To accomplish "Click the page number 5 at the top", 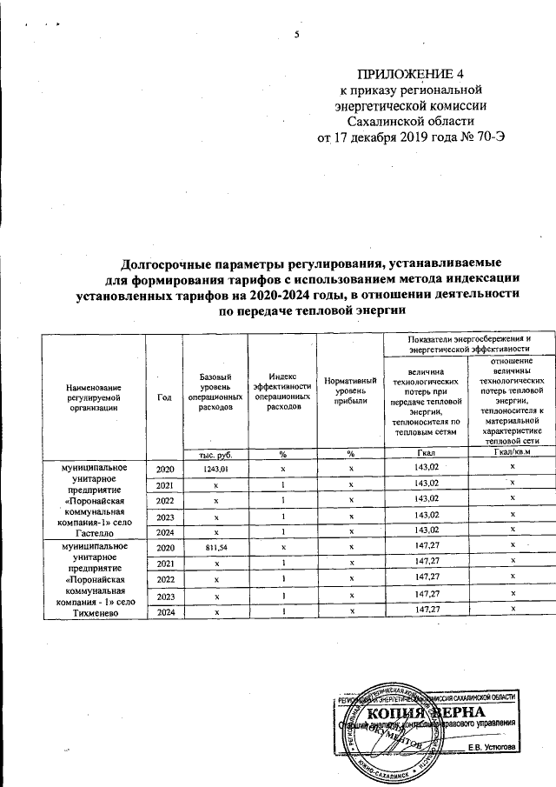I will [296, 34].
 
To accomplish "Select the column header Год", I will [164, 397].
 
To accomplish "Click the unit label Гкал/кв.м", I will [512, 452].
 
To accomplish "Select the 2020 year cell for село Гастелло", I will [165, 470].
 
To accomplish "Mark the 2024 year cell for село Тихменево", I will [165, 611].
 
